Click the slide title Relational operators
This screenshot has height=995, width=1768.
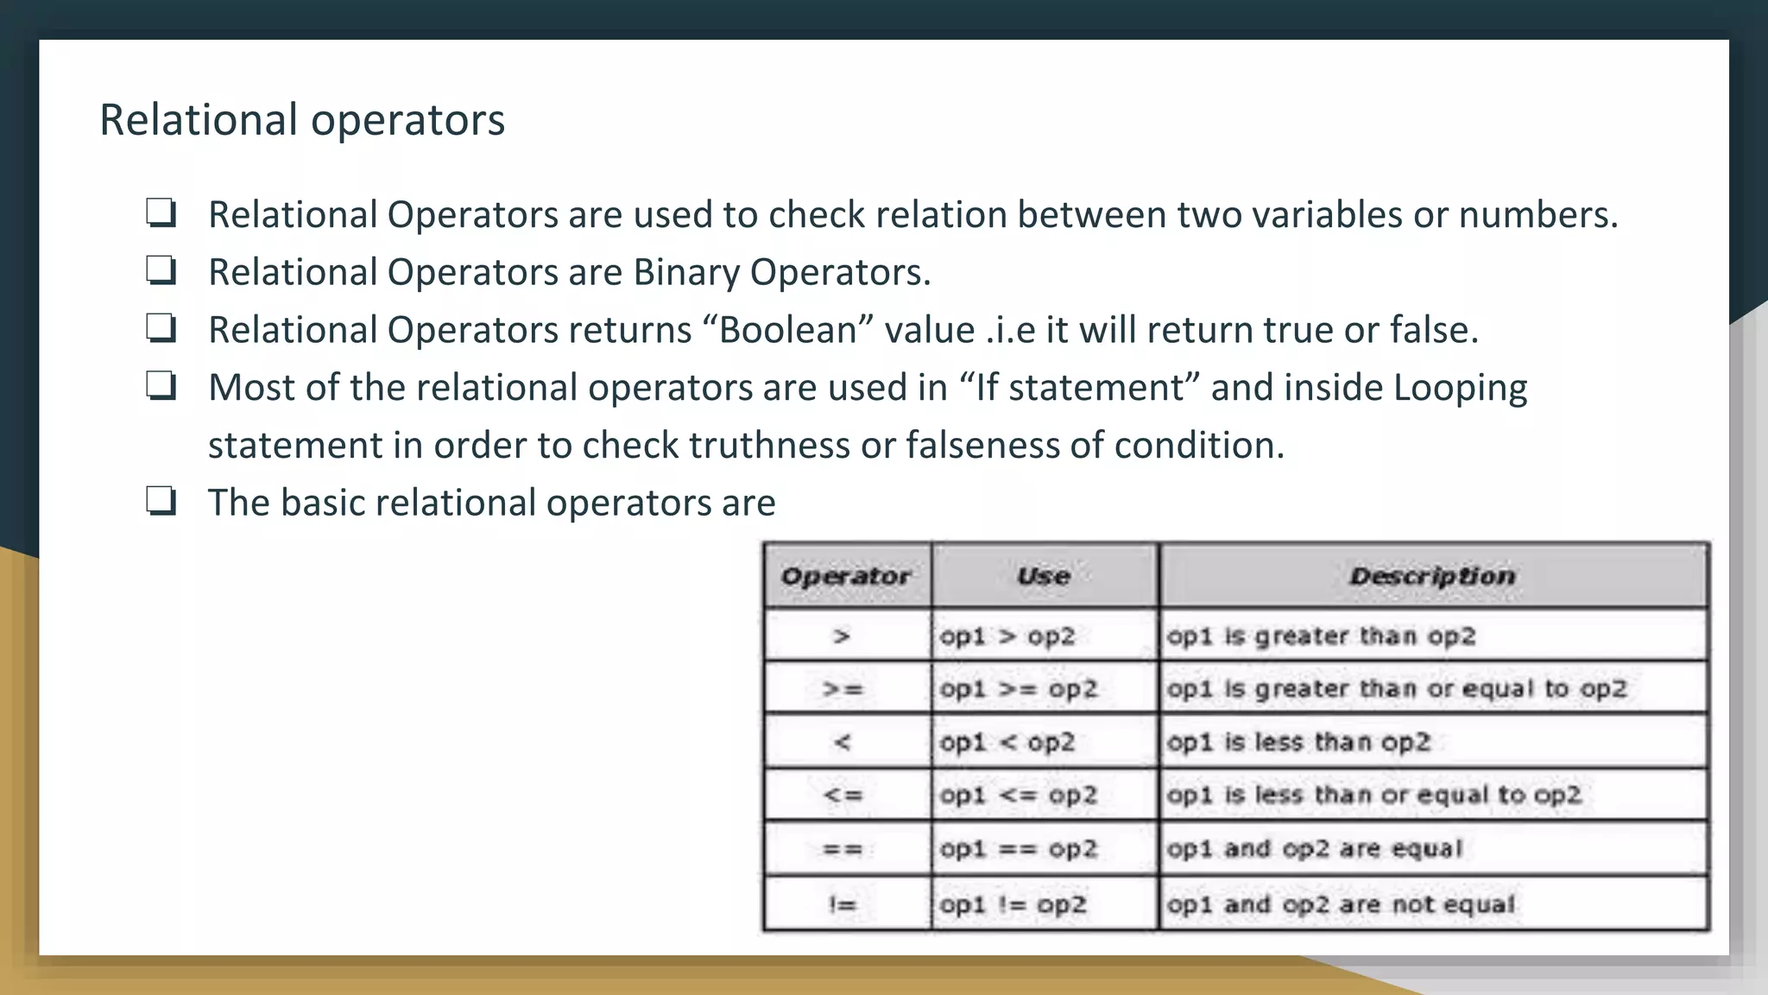(302, 119)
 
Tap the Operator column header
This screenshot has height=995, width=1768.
(845, 576)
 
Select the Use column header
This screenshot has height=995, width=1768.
(1044, 576)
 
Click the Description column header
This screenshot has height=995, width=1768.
(1432, 576)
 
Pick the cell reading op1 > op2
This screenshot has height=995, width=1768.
(1007, 637)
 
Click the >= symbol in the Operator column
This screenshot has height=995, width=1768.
(843, 689)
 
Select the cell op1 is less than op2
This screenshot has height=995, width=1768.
(1298, 742)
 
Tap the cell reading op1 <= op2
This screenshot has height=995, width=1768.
(1019, 795)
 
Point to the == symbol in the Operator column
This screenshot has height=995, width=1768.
(843, 849)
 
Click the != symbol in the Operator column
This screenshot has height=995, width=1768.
(842, 904)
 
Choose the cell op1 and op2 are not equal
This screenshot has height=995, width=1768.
(1341, 904)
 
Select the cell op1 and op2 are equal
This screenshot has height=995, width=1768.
(1315, 849)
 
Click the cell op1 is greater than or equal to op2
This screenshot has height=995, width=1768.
(1396, 689)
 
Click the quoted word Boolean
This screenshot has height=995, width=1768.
(787, 330)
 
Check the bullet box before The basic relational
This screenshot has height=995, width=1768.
(161, 501)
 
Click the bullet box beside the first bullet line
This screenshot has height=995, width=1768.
(161, 212)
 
